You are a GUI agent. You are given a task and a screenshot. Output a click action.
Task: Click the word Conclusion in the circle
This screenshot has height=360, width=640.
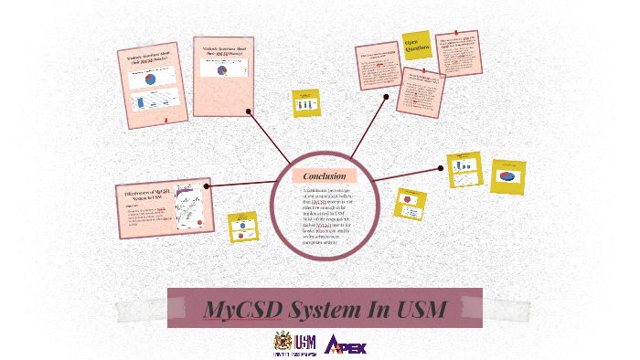pos(325,175)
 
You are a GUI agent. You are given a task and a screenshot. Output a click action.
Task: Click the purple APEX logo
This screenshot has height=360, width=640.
pos(346,345)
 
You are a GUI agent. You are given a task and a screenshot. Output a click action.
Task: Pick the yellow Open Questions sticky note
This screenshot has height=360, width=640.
pos(417,45)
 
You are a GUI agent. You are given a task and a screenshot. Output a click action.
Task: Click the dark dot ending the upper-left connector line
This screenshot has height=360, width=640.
pos(249,111)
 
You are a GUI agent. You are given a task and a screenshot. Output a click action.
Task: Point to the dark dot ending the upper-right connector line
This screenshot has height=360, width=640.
pos(387,97)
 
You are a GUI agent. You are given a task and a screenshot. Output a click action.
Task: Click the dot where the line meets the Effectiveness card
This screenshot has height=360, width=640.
pos(207,186)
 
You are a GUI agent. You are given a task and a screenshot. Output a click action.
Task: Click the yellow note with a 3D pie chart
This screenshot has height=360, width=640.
pos(507,175)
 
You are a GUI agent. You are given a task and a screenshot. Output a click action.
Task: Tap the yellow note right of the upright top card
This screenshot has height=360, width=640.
pos(305,102)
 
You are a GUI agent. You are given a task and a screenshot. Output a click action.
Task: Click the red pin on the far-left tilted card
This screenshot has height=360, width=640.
pos(165,121)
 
